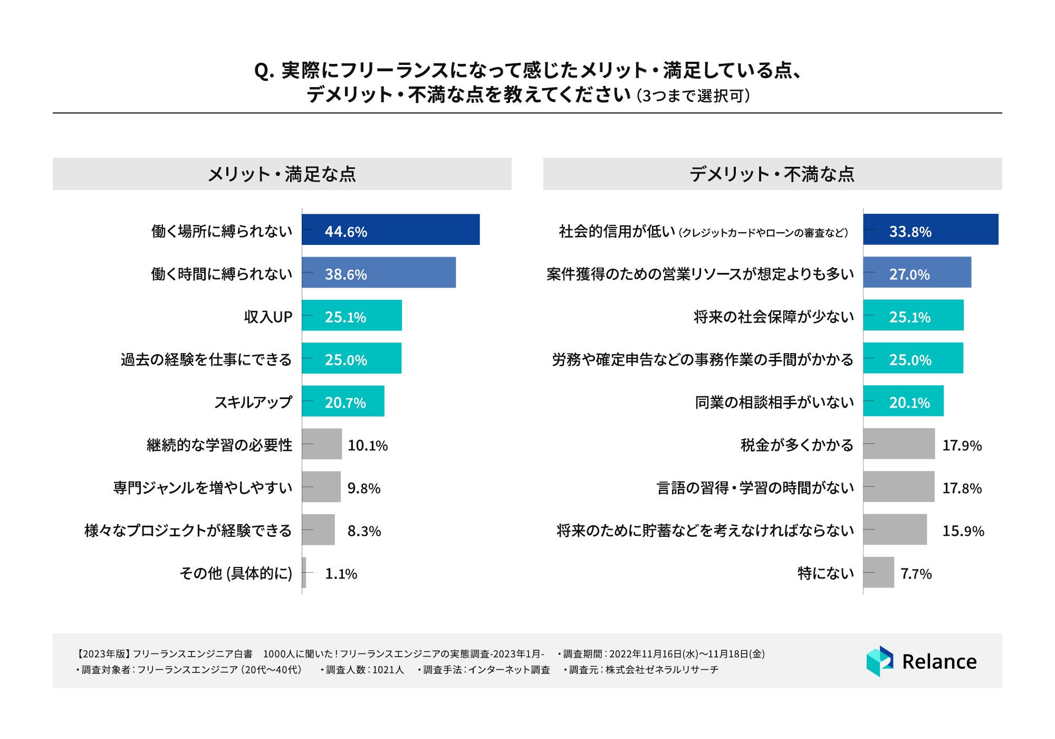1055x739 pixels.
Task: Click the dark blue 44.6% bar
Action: pyautogui.click(x=390, y=230)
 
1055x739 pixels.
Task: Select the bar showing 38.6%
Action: pyautogui.click(x=379, y=272)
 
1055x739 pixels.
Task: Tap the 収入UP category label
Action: pyautogui.click(x=268, y=317)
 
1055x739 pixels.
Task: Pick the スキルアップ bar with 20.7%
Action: pyautogui.click(x=343, y=401)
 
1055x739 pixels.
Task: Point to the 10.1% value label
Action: pyautogui.click(x=368, y=446)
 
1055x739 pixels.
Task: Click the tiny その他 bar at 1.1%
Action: pyautogui.click(x=304, y=572)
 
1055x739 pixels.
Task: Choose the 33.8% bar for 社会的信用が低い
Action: pyautogui.click(x=931, y=230)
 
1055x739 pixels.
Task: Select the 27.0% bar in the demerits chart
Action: pyautogui.click(x=917, y=272)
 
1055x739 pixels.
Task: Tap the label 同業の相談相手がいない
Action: pyautogui.click(x=774, y=403)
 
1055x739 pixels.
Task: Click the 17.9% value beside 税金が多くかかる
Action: pyautogui.click(x=962, y=446)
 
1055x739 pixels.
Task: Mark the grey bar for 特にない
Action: pyautogui.click(x=878, y=572)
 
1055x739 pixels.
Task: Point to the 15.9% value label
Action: pyautogui.click(x=963, y=531)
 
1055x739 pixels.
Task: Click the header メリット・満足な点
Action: pyautogui.click(x=282, y=174)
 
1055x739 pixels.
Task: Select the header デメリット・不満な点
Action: pyautogui.click(x=772, y=174)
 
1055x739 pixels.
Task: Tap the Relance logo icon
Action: pyautogui.click(x=879, y=661)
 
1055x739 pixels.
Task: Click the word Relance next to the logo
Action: pyautogui.click(x=939, y=661)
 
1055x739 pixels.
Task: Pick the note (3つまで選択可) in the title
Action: pyautogui.click(x=693, y=96)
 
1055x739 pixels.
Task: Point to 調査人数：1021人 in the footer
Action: pyautogui.click(x=365, y=670)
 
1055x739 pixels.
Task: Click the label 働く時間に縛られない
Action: pyautogui.click(x=222, y=274)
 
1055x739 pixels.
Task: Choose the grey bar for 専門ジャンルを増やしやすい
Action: pyautogui.click(x=321, y=487)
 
